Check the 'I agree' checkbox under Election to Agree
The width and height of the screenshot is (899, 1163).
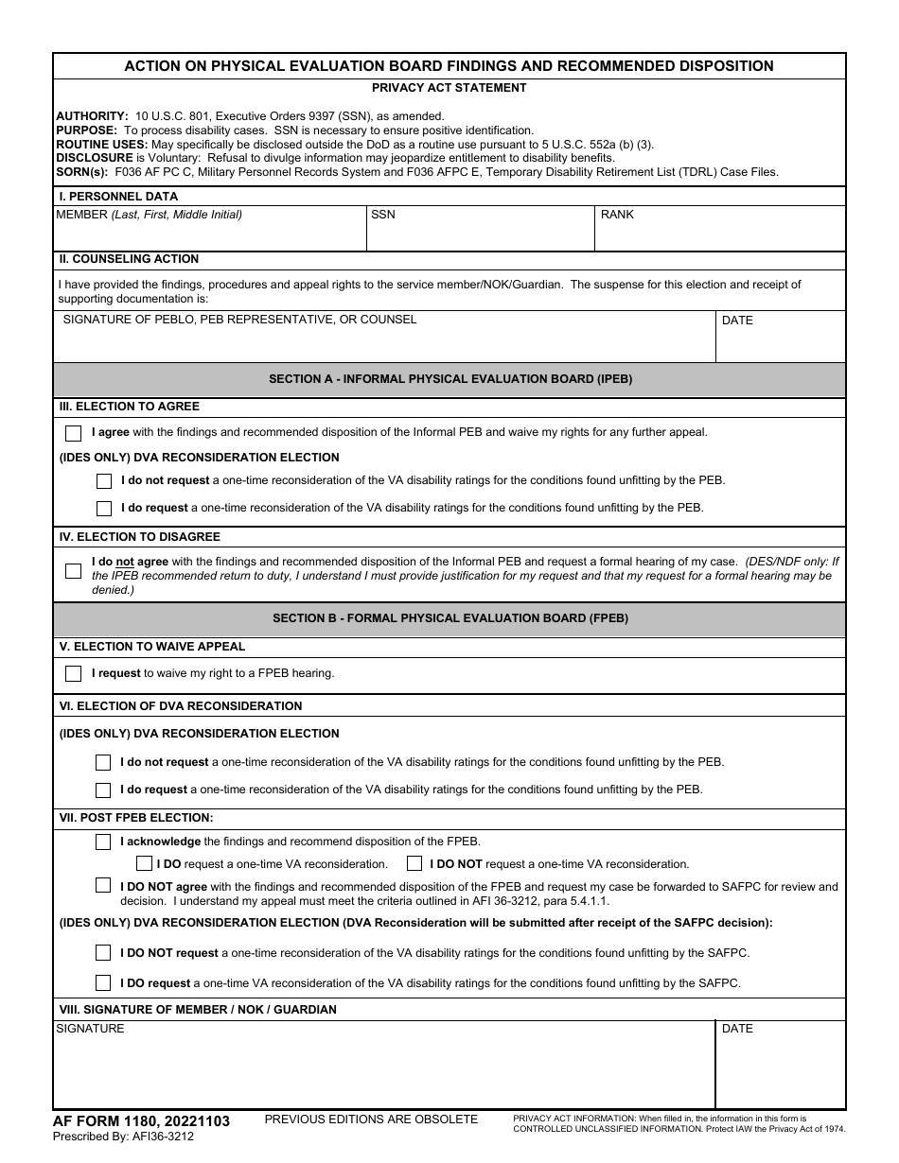tap(73, 433)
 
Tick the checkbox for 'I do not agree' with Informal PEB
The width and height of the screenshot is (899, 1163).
tap(73, 571)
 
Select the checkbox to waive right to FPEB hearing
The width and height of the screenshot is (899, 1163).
tap(73, 674)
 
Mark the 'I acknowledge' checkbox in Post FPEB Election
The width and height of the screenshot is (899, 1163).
tap(103, 842)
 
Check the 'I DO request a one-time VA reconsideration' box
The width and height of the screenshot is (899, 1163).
tap(144, 863)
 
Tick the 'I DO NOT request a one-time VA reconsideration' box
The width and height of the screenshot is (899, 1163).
tap(414, 863)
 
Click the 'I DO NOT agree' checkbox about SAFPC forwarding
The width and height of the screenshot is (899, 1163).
tap(103, 886)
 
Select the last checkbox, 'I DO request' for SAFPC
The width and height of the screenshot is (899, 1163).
tap(103, 983)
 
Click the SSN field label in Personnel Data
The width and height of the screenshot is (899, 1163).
tap(383, 215)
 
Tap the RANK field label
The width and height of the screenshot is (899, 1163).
tap(617, 215)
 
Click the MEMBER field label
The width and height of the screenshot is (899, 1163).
tap(149, 215)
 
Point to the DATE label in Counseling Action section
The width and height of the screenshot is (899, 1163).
tap(737, 321)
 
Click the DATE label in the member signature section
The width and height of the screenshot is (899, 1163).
tap(737, 1029)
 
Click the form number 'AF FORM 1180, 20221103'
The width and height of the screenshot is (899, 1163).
tap(141, 1121)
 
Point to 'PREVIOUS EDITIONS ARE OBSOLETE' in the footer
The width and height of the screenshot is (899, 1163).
tap(371, 1120)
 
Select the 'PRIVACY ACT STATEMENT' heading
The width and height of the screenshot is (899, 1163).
tap(449, 88)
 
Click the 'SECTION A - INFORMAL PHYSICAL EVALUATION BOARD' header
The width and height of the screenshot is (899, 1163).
tap(450, 379)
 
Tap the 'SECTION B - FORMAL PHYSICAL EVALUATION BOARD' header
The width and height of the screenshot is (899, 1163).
tap(450, 618)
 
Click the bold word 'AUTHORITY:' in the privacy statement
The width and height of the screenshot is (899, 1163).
tap(92, 116)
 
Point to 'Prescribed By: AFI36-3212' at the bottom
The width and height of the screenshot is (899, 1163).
tap(123, 1137)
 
